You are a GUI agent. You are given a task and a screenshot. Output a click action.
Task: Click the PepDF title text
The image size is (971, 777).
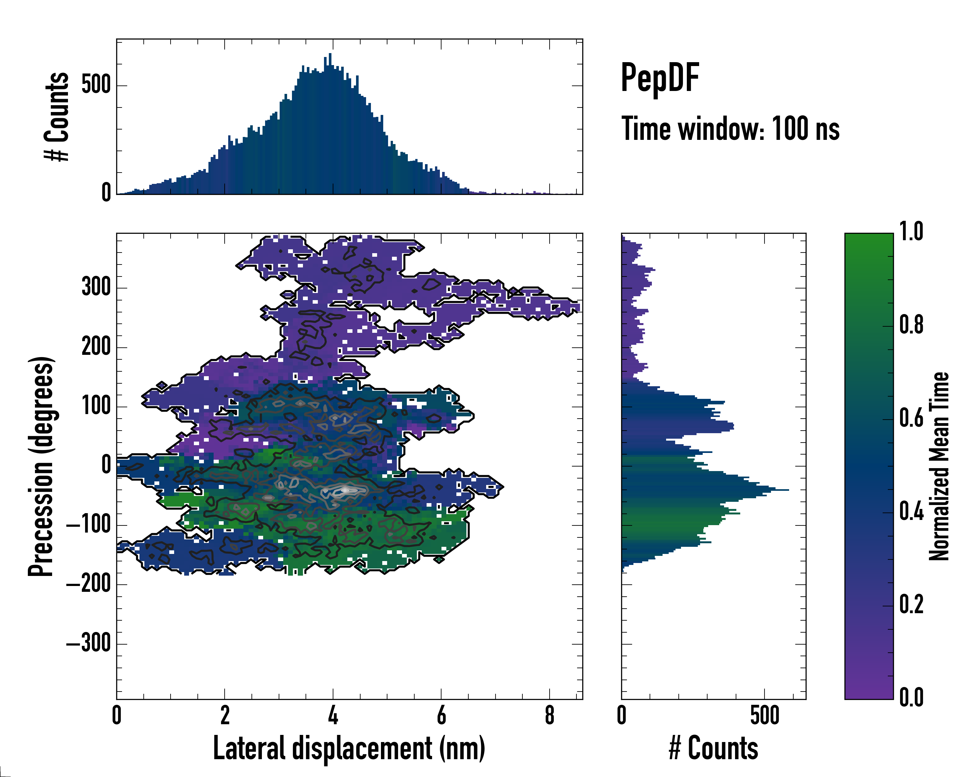[x=659, y=78]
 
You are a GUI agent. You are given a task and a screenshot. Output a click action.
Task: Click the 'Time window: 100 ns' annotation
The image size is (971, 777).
[x=730, y=129]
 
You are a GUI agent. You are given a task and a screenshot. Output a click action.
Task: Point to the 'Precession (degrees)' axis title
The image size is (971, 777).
[x=41, y=466]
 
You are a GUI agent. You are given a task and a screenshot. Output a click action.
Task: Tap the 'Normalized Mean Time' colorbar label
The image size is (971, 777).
[x=939, y=466]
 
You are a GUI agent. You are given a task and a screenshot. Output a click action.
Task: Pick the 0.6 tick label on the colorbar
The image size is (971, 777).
[x=911, y=418]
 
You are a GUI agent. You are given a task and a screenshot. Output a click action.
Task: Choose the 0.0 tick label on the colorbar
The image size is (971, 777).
[x=911, y=697]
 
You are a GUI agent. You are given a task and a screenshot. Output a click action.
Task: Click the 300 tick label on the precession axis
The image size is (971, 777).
[x=96, y=287]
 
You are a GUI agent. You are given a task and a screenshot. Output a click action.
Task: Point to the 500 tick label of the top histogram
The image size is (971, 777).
[x=96, y=85]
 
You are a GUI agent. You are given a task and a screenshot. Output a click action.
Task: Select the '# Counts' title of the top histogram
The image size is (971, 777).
[x=57, y=117]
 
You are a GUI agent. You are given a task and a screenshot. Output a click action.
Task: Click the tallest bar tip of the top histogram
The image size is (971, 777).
[x=330, y=54]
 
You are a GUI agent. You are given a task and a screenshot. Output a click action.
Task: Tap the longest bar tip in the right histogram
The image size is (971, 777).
[x=788, y=490]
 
